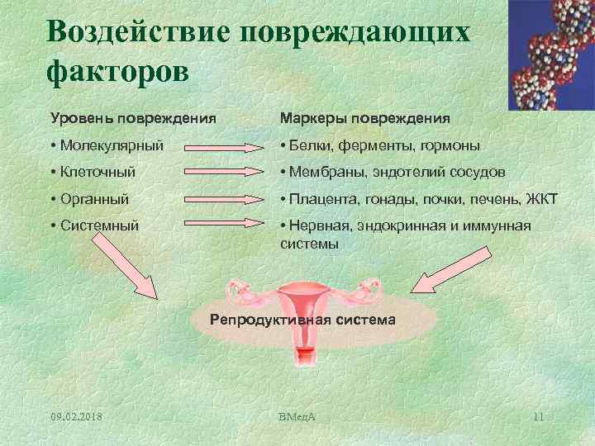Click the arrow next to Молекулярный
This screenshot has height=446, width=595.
click(x=225, y=147)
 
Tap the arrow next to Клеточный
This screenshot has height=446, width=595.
click(x=225, y=173)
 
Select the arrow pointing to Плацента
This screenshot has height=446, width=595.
click(x=225, y=200)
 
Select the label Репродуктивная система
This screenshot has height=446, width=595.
click(x=303, y=319)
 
